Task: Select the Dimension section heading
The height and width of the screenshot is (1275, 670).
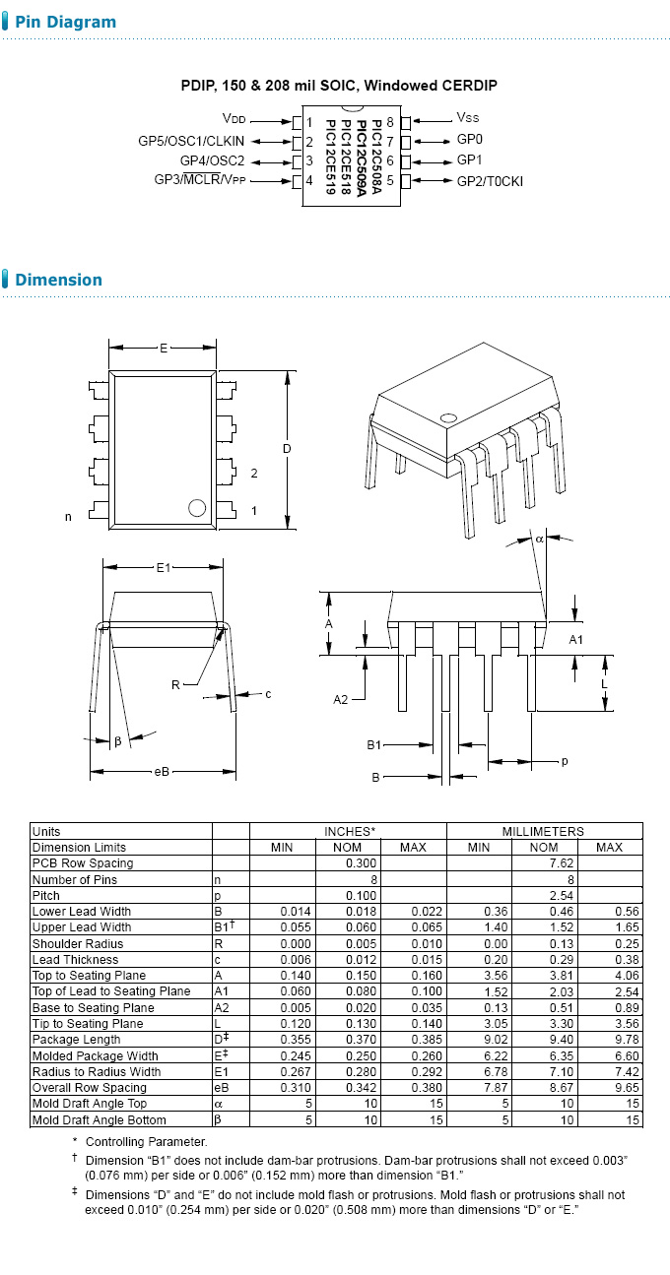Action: click(x=58, y=280)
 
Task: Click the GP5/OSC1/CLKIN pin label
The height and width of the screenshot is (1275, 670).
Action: click(x=191, y=141)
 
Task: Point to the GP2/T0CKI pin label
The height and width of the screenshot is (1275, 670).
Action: click(x=490, y=181)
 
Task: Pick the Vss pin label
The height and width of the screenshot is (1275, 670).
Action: click(x=468, y=118)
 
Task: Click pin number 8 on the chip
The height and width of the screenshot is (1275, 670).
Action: click(x=391, y=122)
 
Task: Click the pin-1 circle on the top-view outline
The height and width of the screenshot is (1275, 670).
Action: click(x=196, y=508)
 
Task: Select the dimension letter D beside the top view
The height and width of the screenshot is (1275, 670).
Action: click(x=287, y=449)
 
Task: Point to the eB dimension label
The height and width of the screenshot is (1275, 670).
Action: click(x=163, y=772)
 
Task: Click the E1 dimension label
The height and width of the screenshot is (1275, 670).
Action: click(x=164, y=567)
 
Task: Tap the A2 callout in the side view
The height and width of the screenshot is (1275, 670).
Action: click(x=341, y=699)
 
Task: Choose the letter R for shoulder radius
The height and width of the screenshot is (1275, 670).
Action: click(x=175, y=684)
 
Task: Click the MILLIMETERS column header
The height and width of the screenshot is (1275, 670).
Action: click(x=543, y=831)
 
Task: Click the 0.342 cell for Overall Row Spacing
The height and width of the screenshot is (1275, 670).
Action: click(x=360, y=1088)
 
